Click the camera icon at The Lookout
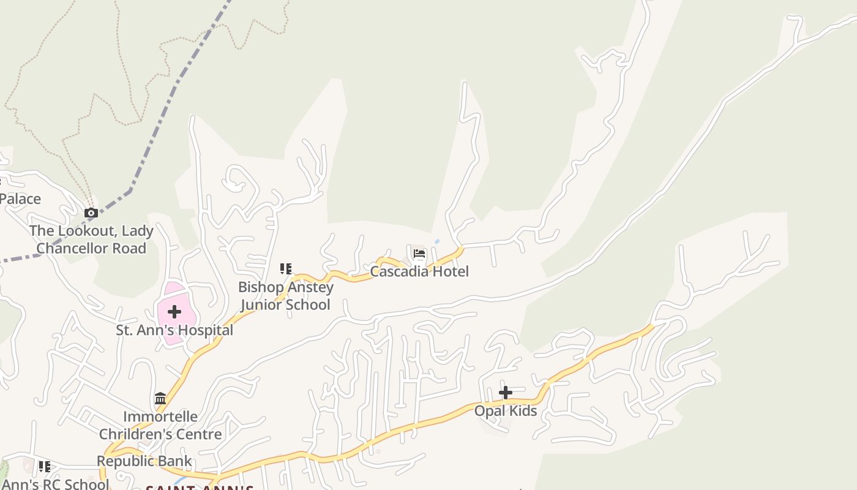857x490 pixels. coord(91,213)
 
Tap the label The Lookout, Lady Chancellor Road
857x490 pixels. coord(91,239)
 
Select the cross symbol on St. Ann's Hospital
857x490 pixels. coord(174,312)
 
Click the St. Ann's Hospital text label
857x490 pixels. coord(174,330)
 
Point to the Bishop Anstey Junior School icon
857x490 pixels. coord(286,268)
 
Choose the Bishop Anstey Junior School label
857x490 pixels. coord(286,296)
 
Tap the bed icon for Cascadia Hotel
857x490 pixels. coord(419,254)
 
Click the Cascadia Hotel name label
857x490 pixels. coord(419,271)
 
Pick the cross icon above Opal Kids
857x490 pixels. coord(506,393)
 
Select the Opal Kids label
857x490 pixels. coord(506,411)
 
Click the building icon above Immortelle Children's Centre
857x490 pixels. coord(160,399)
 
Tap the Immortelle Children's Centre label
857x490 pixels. coord(160,425)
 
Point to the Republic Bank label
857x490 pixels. coord(144,461)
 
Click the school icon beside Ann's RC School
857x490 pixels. coord(45,467)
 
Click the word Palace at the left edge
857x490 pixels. coord(20,199)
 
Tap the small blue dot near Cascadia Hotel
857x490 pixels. coord(437,242)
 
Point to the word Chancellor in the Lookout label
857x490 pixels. coord(91,248)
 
